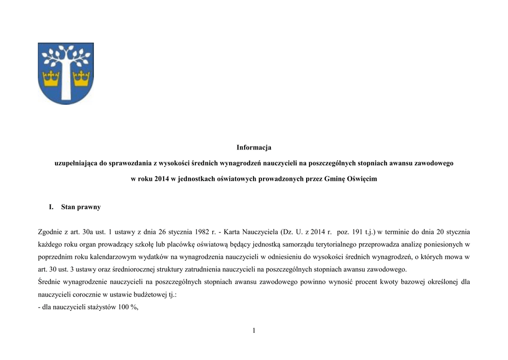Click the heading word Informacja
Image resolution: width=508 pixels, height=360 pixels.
point(254,147)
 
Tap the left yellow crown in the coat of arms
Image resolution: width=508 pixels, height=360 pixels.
point(51,77)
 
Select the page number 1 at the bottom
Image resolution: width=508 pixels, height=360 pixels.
point(254,331)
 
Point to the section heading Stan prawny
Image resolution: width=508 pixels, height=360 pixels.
point(81,207)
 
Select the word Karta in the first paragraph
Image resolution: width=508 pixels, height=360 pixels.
point(233,231)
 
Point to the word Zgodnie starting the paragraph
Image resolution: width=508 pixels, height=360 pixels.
point(52,231)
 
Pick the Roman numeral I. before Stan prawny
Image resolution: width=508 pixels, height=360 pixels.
point(51,207)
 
